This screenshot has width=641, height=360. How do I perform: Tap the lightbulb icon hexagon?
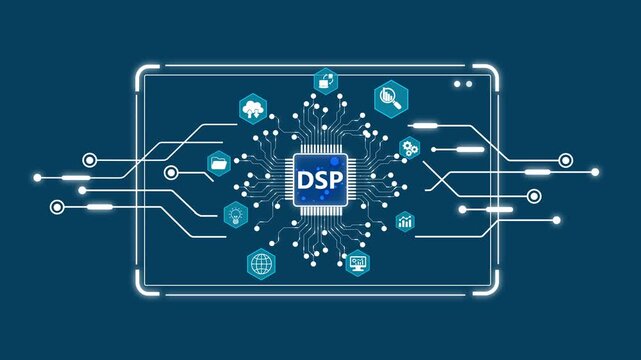tap(235, 213)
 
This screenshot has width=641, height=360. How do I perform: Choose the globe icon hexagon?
tap(262, 264)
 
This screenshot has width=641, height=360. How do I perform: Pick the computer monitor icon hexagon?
tap(358, 263)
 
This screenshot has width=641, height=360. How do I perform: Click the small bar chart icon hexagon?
tap(405, 220)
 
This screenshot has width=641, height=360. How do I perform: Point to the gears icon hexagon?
tap(409, 149)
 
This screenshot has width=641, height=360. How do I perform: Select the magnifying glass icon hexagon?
tap(390, 97)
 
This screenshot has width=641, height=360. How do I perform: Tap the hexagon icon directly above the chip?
tap(325, 80)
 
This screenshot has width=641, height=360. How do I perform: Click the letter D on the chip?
tap(306, 182)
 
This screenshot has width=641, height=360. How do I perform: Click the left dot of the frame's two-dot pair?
tap(456, 84)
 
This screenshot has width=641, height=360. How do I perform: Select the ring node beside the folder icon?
tap(171, 173)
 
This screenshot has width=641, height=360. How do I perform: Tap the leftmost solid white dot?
tap(37, 177)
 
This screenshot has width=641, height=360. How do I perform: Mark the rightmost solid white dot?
tap(596, 172)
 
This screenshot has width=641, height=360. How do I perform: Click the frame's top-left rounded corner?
tap(141, 74)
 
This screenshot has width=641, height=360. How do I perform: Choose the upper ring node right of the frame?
tap(566, 159)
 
